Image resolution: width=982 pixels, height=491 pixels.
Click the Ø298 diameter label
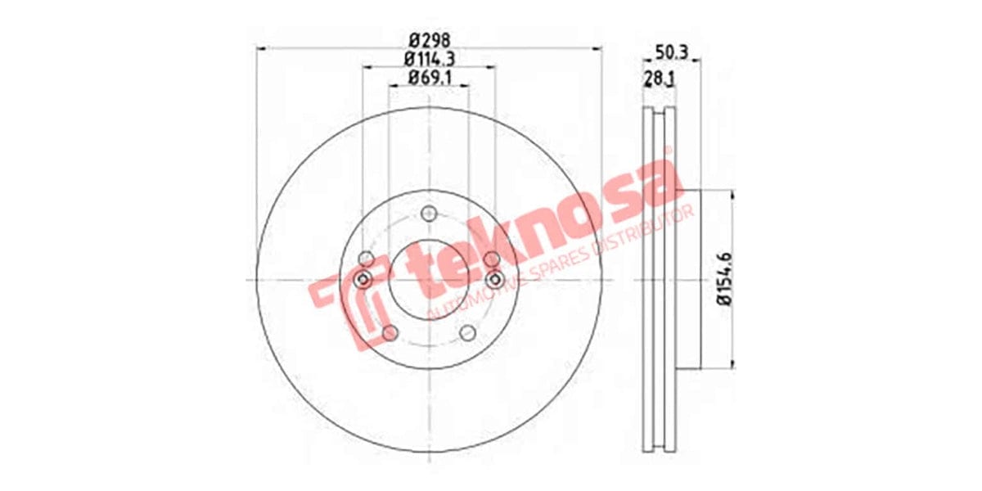(x=430, y=38)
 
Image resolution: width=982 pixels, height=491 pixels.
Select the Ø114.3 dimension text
(x=430, y=59)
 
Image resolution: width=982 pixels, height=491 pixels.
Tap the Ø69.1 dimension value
(x=430, y=79)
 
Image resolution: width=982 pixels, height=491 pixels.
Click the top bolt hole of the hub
(x=429, y=214)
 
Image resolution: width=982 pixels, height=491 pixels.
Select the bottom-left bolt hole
(x=390, y=332)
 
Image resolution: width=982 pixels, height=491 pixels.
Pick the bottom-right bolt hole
(x=468, y=332)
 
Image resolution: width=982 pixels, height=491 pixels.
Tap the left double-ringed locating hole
(x=365, y=280)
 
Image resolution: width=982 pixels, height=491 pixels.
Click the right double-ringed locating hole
(x=493, y=280)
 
